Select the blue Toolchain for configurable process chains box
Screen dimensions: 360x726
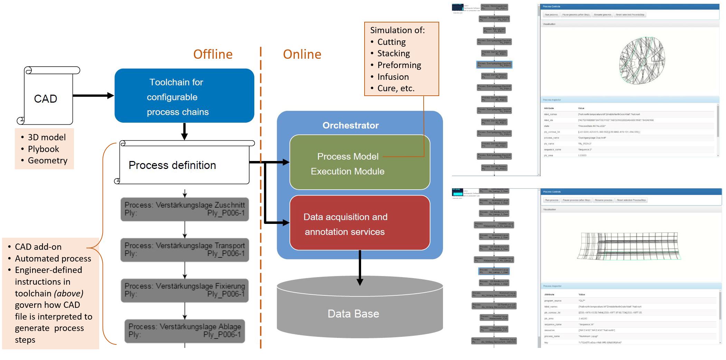tap(184, 96)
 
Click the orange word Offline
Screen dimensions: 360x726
tap(213, 54)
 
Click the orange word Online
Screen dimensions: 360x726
tap(302, 54)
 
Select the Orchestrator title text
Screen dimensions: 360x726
tap(350, 125)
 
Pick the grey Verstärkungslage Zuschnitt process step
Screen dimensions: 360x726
tap(185, 209)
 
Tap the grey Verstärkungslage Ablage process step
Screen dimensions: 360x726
tap(185, 331)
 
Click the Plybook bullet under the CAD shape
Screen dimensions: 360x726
tap(43, 149)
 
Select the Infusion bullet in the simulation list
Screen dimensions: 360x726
tap(393, 77)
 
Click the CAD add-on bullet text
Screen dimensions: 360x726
tap(38, 247)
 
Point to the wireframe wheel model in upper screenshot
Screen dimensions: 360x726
tap(642, 61)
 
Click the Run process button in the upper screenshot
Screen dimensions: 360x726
tap(551, 15)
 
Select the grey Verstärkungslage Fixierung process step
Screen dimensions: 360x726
tap(185, 290)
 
